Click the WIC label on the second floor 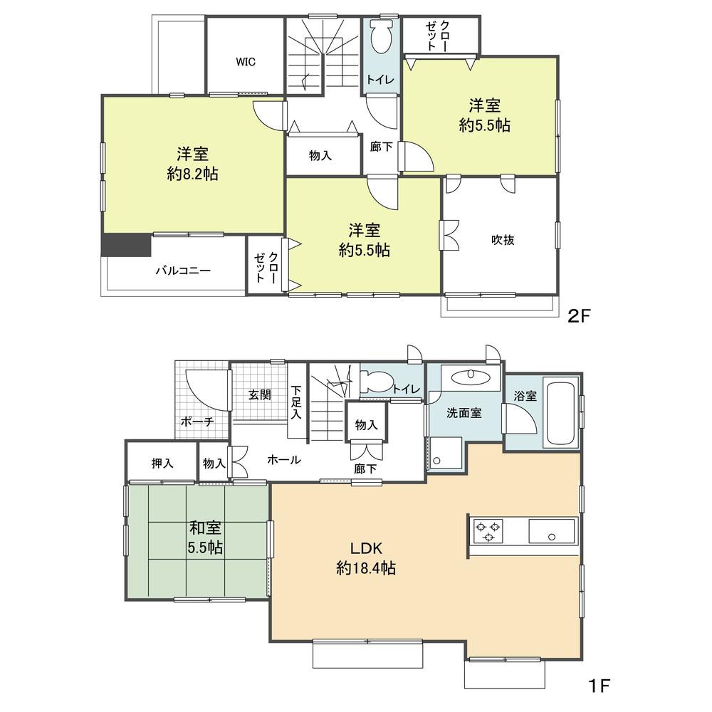coord(245,62)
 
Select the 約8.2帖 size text coord(192,174)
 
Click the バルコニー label coord(183,271)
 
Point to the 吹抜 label coord(503,240)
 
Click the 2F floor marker coord(578,316)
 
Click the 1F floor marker coord(599,685)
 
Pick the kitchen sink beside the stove coord(551,531)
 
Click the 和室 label coord(205,528)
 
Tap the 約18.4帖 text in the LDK coord(365,568)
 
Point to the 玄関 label coord(260,394)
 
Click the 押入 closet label coord(162,464)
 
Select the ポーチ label coord(197,422)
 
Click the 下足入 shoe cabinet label coord(296,402)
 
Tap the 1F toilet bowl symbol coord(377,378)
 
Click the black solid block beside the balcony coord(126,245)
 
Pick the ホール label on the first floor coord(284,459)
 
